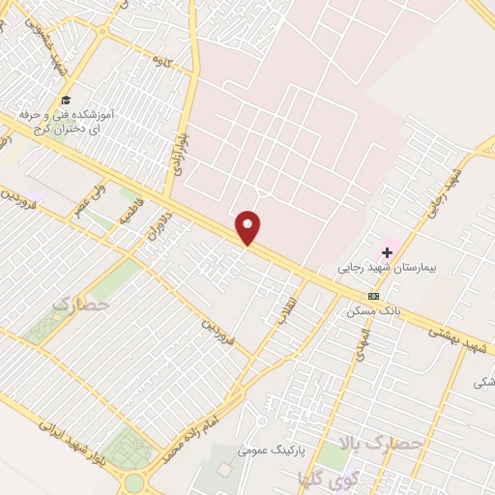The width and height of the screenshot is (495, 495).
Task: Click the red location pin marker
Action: [248, 227]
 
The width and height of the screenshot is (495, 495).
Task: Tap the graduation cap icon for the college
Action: [66, 101]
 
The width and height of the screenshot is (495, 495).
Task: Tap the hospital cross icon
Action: [388, 252]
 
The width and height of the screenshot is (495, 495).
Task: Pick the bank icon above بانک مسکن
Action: [373, 296]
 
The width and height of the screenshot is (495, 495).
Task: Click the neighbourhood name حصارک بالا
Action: [382, 443]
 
